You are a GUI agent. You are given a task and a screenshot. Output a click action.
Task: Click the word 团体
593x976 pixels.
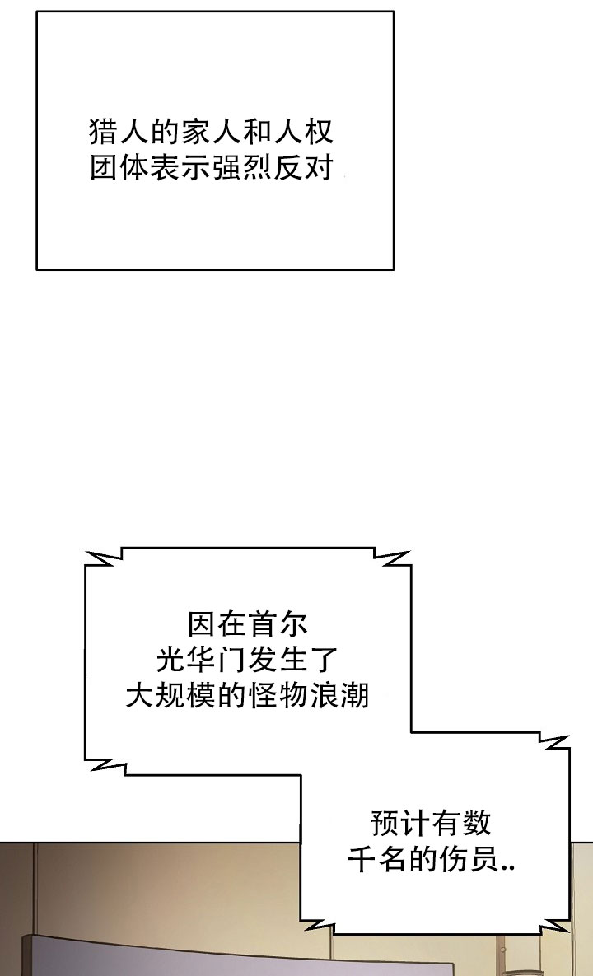click(119, 167)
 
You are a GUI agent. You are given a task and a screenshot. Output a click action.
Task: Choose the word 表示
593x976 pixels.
click(180, 167)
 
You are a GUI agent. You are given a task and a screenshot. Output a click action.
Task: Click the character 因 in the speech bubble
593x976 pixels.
click(202, 623)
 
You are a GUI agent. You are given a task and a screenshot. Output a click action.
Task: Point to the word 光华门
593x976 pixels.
click(201, 660)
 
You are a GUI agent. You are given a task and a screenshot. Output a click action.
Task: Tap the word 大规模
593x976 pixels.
click(170, 695)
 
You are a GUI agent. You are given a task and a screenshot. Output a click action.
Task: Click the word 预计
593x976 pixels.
click(400, 823)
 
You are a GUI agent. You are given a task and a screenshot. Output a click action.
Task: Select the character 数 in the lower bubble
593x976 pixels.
click(477, 823)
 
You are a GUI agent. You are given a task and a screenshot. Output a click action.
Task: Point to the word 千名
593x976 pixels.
click(377, 860)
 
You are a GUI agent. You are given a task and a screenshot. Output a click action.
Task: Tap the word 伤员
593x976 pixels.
click(469, 860)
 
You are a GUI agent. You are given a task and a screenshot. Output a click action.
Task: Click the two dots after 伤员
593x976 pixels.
click(507, 868)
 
